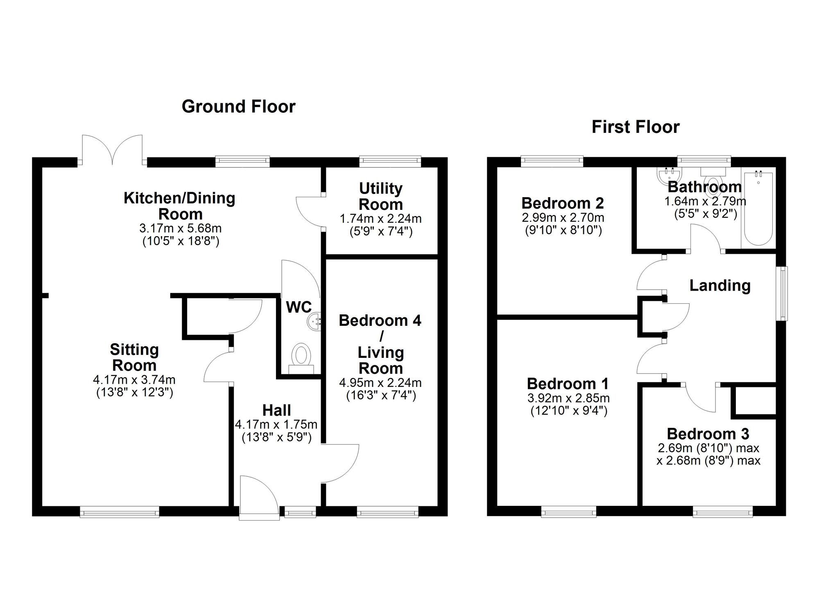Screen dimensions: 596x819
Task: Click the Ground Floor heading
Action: (238, 107)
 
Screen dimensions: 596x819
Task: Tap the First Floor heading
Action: (636, 127)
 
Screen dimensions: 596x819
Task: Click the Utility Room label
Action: (381, 196)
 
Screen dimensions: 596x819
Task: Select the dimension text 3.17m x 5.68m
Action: (180, 228)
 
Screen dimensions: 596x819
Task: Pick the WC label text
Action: (299, 307)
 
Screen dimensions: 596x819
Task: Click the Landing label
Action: (720, 286)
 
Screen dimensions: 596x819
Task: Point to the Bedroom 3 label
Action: (708, 434)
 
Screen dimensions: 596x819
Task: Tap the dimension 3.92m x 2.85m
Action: (568, 398)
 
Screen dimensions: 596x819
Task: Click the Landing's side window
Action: (783, 293)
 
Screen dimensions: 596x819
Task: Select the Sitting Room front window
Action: (119, 512)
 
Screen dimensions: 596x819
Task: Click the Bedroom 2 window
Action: (552, 162)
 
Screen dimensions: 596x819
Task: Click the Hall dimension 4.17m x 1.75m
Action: (276, 425)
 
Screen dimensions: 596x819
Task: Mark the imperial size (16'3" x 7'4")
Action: (381, 396)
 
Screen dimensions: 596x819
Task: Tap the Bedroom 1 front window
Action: (569, 512)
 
